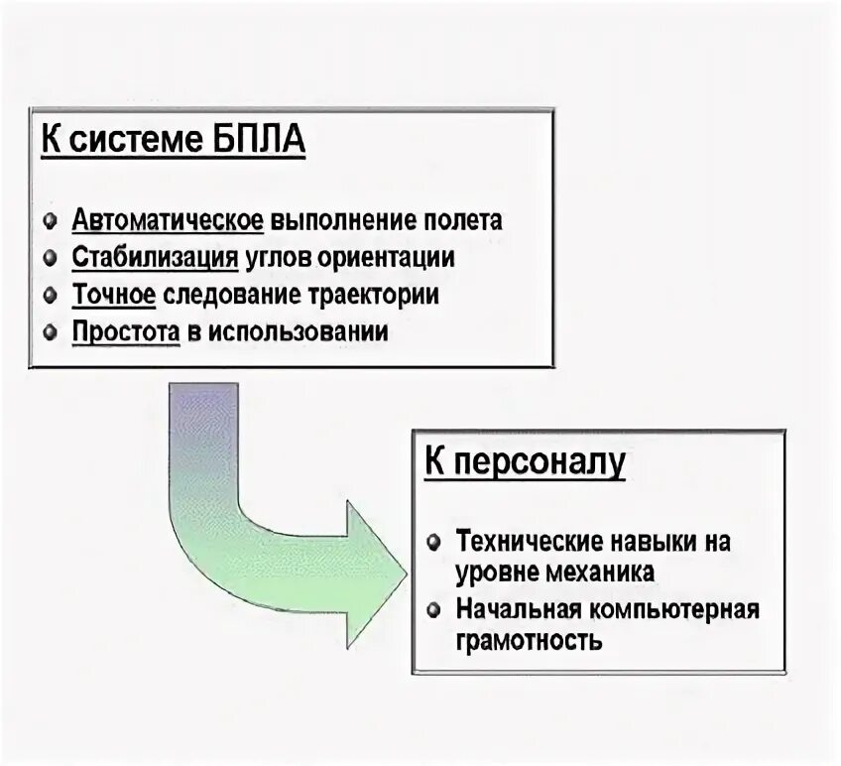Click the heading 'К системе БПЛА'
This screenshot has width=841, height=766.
click(x=173, y=140)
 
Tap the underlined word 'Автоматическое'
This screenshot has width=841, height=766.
click(x=167, y=219)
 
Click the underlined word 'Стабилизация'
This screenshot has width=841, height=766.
click(x=155, y=257)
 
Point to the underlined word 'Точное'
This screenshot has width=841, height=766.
click(x=114, y=295)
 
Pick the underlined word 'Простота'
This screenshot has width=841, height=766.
click(x=125, y=331)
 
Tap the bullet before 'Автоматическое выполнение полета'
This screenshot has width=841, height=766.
click(x=51, y=220)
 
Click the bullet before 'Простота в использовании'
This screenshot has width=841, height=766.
click(x=51, y=332)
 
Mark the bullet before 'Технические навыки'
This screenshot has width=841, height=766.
click(x=433, y=543)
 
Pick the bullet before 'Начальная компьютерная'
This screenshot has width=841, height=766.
click(x=433, y=609)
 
